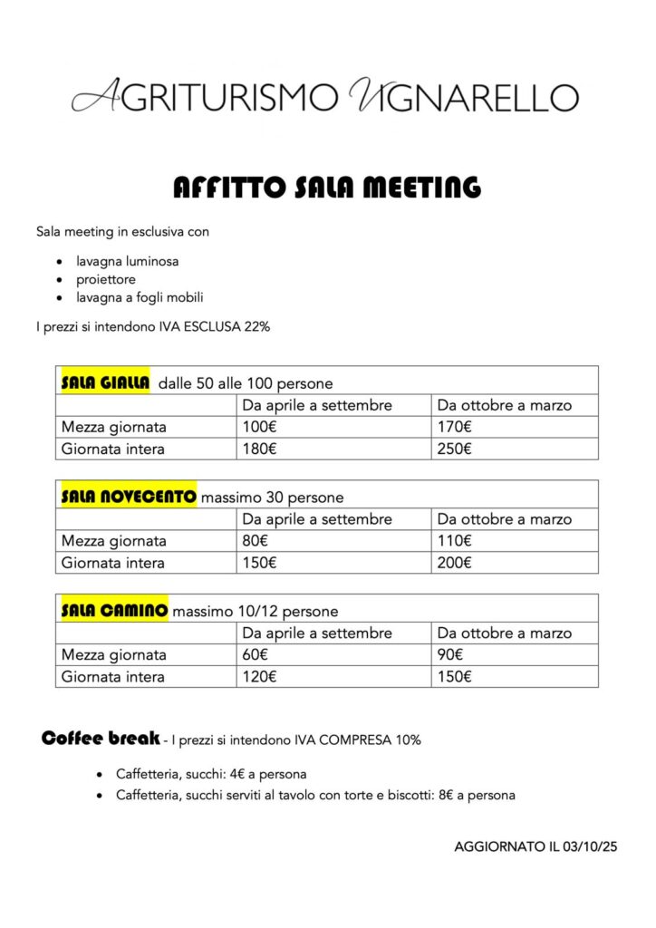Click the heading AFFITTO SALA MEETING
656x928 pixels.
pos(327,188)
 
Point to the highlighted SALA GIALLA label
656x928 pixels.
pos(104,382)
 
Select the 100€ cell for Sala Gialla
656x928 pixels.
pos(259,427)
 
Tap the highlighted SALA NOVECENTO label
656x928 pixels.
pos(128,497)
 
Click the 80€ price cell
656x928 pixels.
pos(256,541)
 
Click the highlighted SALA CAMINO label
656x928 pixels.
pos(114,611)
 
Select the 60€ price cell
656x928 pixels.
pos(256,654)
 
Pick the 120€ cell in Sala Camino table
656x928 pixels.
pos(259,676)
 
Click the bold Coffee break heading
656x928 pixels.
pos(101,738)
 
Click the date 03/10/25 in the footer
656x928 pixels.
pos(590,847)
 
